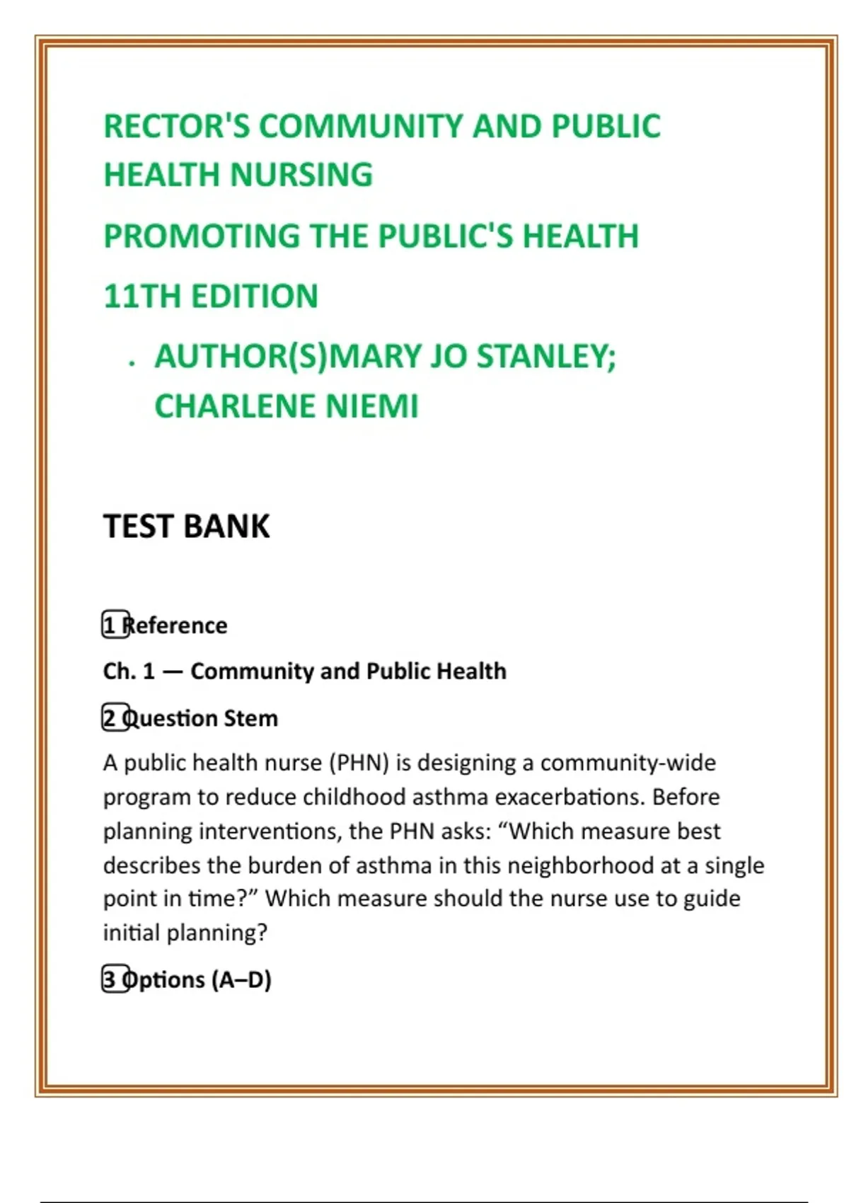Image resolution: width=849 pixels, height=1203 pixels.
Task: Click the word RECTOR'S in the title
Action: (x=176, y=127)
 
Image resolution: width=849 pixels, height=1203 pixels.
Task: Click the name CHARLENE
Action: (x=234, y=406)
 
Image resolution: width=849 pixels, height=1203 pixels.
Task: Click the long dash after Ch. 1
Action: (x=173, y=671)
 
